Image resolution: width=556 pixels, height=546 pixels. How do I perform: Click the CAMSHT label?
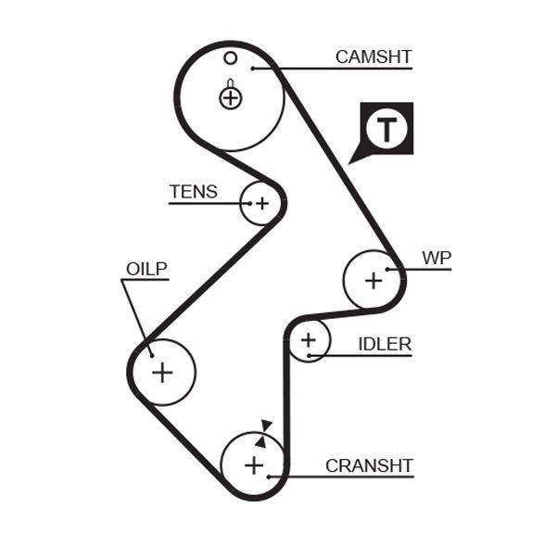(x=373, y=57)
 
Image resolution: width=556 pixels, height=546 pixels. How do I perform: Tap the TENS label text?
(x=193, y=192)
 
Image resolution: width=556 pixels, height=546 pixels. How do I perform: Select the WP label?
(x=436, y=257)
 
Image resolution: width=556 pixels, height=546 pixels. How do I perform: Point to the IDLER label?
(x=385, y=344)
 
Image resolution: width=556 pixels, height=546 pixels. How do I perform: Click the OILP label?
(x=146, y=269)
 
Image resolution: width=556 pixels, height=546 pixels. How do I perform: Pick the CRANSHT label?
(x=369, y=465)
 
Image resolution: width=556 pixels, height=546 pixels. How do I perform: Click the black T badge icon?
(x=385, y=129)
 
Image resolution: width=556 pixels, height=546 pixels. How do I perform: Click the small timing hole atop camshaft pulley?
(x=231, y=58)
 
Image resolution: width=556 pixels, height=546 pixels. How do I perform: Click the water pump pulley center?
(x=373, y=279)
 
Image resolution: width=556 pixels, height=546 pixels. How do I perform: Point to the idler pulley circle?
(x=309, y=341)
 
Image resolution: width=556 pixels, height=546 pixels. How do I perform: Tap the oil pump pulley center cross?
(x=162, y=372)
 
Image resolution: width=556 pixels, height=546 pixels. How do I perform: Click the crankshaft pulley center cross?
(x=254, y=464)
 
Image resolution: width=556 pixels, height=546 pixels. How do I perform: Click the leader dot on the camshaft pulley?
(x=251, y=68)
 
